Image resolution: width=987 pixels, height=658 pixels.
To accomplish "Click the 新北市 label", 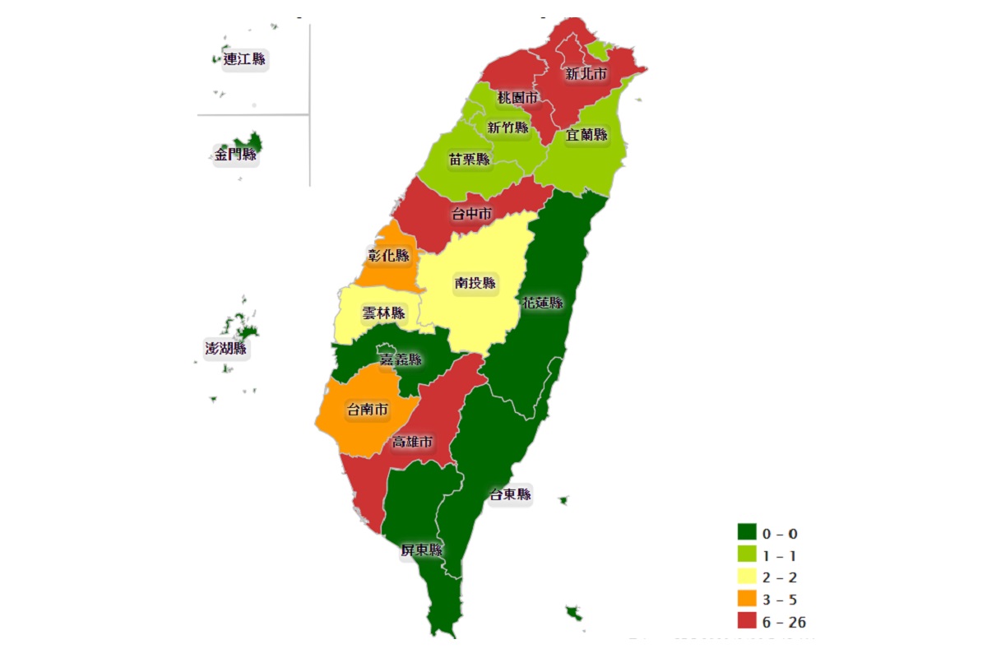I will coord(586,74).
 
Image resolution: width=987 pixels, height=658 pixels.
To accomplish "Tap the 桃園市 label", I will coord(517,98).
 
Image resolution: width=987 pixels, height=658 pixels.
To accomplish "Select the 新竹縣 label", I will coord(507,127).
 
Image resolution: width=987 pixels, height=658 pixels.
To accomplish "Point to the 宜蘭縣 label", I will coord(586,134).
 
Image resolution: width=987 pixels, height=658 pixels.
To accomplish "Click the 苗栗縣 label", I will coord(469,159).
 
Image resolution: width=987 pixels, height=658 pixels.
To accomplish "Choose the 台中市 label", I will coord(471,214).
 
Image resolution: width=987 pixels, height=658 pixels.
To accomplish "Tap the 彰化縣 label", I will coord(388,255).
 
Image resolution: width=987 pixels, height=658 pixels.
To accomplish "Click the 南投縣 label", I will coord(475,283).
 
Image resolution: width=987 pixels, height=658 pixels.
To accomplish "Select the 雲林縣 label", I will coord(383,313).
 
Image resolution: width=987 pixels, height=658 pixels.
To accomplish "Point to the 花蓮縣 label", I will coord(543,303).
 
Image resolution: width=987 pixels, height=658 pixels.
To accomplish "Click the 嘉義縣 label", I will coord(400,359).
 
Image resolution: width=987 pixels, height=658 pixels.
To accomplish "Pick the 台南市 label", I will coord(368,409).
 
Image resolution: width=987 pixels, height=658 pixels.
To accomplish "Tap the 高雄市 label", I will coord(412,442).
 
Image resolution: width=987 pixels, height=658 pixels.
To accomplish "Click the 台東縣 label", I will coord(510,494).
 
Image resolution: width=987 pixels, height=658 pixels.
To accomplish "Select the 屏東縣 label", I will coord(421,550).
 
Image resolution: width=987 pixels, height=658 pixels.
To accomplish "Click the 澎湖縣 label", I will coord(226,348).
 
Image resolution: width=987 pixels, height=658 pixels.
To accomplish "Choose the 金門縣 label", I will coord(236,154).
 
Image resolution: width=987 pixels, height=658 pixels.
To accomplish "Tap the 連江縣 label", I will coord(244,59).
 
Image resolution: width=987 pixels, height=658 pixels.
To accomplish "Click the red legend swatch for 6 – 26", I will coord(747,621).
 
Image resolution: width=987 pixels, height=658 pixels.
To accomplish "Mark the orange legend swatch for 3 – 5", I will coord(747,599).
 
